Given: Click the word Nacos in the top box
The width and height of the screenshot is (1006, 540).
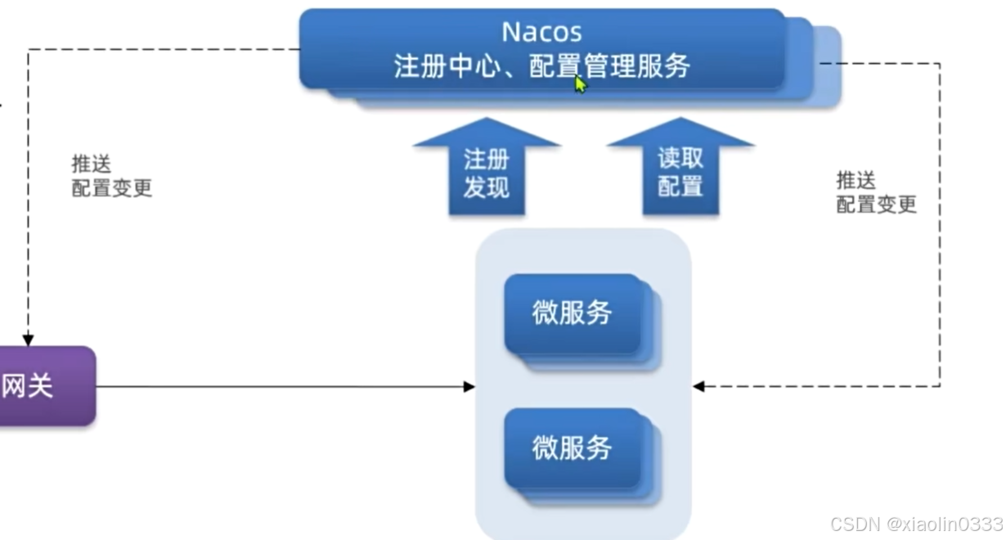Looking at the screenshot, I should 541,32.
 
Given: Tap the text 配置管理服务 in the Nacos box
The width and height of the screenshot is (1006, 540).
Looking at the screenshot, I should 609,65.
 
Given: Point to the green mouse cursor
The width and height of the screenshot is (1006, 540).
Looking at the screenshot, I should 580,83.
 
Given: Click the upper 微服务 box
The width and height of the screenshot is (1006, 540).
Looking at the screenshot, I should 573,313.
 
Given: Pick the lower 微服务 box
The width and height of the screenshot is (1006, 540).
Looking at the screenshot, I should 573,448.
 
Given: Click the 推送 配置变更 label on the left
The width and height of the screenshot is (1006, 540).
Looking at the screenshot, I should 111,176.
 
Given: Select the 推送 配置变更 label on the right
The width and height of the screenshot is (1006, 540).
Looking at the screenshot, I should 876,192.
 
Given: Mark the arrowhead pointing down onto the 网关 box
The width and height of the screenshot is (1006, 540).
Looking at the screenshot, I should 29,339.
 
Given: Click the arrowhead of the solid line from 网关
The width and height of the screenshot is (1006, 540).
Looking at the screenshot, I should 469,386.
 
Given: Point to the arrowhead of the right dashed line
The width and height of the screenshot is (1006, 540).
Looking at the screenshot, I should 698,386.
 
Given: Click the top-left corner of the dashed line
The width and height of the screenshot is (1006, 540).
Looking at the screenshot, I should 29,50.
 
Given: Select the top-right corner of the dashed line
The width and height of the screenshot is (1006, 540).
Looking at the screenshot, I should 940,64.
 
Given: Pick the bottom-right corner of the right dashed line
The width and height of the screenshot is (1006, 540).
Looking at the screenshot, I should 940,386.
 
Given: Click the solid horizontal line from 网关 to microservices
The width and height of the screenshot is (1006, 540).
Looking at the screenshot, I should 278,386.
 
